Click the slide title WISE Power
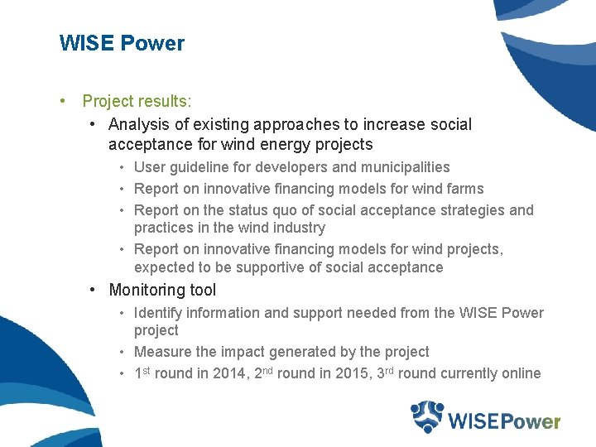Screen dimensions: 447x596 (122, 43)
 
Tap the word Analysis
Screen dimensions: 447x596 (139, 124)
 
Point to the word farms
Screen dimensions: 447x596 (465, 189)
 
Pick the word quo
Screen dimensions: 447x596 (268, 210)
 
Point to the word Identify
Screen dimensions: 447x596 (158, 313)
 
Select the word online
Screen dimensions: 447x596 (521, 373)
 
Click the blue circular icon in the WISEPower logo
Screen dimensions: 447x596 (428, 416)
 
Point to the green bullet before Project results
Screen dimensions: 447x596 (63, 101)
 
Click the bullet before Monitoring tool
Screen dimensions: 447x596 (94, 290)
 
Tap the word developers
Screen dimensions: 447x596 (296, 167)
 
